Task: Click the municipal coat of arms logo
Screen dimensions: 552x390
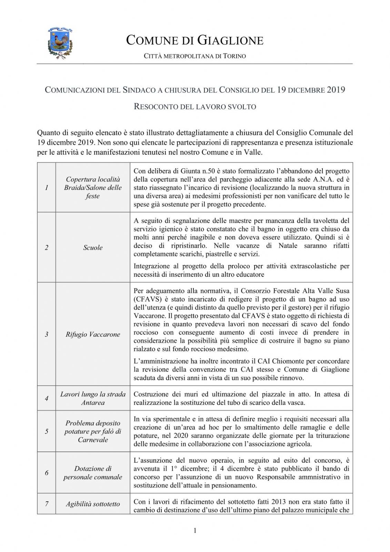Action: (x=60, y=43)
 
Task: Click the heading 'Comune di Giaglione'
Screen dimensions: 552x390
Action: (x=194, y=40)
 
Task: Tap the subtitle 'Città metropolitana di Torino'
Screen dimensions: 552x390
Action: (x=194, y=56)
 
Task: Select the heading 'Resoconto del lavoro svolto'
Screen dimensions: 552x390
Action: (x=194, y=107)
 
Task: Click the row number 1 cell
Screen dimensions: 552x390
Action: (x=47, y=187)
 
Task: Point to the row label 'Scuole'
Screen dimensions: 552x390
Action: (x=93, y=247)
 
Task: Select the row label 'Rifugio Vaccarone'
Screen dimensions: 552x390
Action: (x=93, y=334)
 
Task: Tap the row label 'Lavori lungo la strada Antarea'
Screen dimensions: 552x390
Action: (x=93, y=398)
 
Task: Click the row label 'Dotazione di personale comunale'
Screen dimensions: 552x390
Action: (x=93, y=473)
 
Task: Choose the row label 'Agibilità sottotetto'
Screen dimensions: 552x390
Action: (x=93, y=504)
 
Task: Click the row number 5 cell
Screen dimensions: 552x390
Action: (x=47, y=431)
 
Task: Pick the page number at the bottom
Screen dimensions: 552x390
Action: (x=195, y=530)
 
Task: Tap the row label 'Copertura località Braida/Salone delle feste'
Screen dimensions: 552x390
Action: (x=93, y=187)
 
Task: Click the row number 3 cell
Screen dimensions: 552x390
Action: (x=47, y=334)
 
